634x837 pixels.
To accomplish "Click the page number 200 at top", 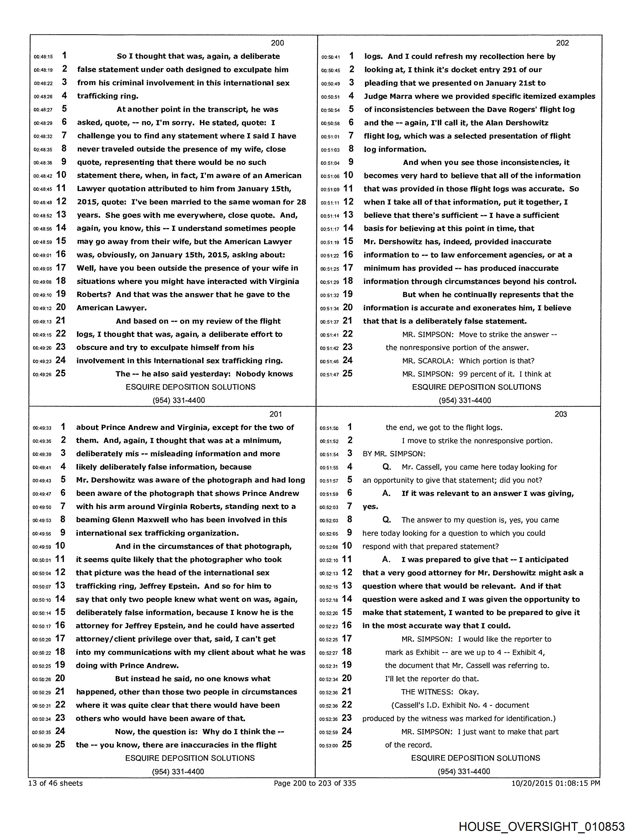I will pyautogui.click(x=277, y=43).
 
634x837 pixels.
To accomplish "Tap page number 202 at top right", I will pyautogui.click(x=562, y=43).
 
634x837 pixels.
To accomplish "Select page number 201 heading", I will pyautogui.click(x=276, y=414).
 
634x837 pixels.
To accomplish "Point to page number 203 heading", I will pyautogui.click(x=560, y=414).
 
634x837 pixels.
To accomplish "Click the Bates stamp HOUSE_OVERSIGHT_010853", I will pyautogui.click(x=542, y=826).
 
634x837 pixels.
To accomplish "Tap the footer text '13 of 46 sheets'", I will pyautogui.click(x=55, y=783).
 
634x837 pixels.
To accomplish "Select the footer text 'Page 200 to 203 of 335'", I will pyautogui.click(x=315, y=783).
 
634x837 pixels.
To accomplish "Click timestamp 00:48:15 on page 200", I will pyautogui.click(x=43, y=57).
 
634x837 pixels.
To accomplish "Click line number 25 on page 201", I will pyautogui.click(x=60, y=744).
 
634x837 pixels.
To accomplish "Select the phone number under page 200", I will pyautogui.click(x=179, y=400).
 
